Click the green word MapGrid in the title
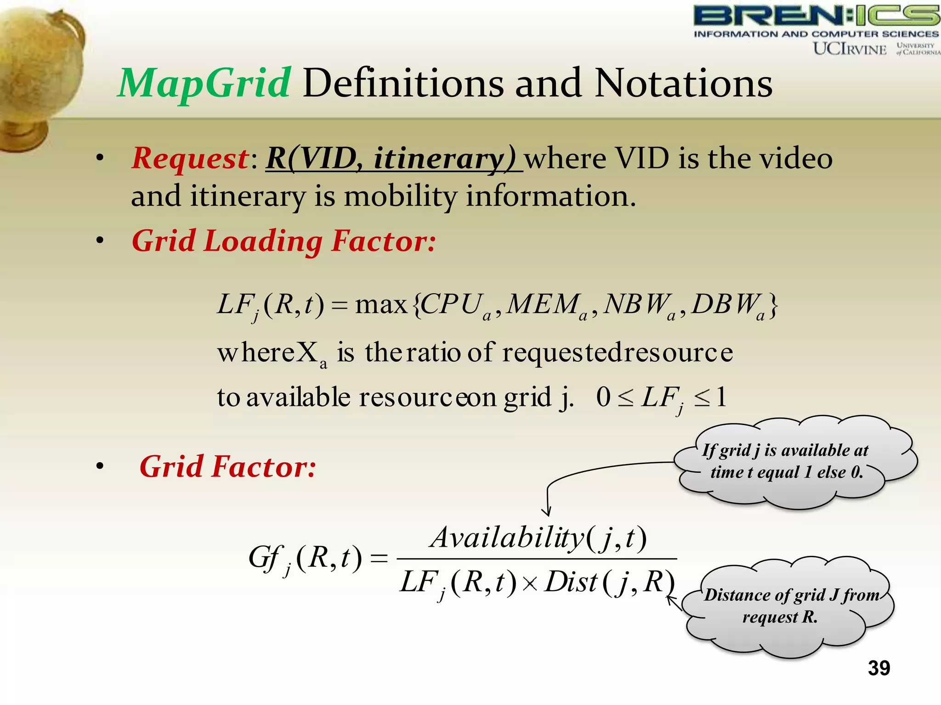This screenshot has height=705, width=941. (204, 84)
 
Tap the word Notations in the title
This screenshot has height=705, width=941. (683, 84)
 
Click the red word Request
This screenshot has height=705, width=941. (190, 158)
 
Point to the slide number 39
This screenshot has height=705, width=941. (879, 668)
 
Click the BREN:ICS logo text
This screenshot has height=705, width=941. (816, 16)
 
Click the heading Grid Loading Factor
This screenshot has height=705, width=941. (283, 241)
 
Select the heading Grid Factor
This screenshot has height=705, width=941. (228, 467)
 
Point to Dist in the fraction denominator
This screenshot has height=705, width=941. (571, 582)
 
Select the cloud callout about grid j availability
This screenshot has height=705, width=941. (795, 461)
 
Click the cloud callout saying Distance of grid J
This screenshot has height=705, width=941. (788, 606)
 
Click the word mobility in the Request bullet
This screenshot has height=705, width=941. (400, 196)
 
